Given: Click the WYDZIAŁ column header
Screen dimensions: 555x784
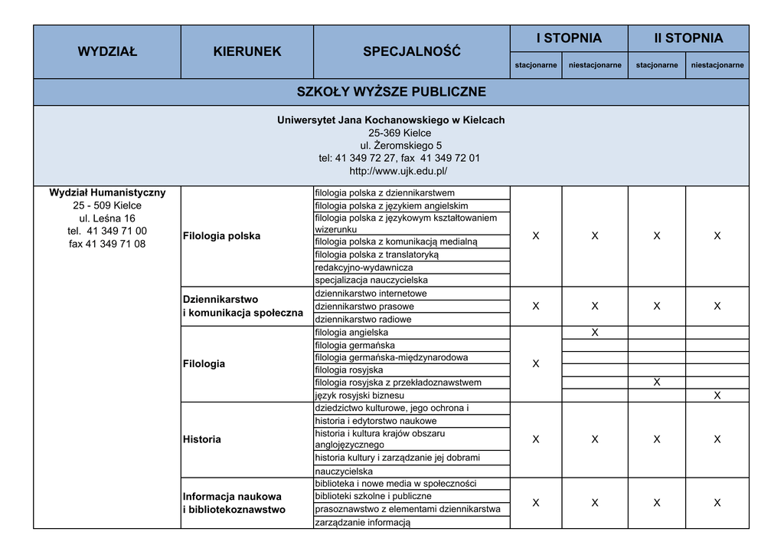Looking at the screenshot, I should point(107,52).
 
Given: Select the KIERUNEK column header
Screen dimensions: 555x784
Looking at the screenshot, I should point(247,52).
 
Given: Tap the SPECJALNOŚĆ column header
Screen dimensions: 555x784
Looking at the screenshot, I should point(412,52).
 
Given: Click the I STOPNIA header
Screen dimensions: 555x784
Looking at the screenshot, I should point(569,38).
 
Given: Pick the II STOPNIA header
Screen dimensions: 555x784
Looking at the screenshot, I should point(688,38).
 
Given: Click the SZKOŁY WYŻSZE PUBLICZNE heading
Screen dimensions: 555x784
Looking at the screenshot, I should point(391,92).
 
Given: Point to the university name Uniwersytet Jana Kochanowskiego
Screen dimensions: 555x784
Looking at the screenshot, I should point(391,120).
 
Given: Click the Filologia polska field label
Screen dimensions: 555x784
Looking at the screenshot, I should point(222,236).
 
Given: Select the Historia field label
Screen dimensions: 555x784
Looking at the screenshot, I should point(202,439).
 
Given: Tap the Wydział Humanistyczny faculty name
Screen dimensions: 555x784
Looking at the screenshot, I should point(107,192).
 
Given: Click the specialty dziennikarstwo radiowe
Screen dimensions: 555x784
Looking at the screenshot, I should point(363,319).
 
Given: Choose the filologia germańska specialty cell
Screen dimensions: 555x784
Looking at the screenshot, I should point(355,345).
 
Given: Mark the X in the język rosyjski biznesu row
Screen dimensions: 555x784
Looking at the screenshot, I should point(717,396).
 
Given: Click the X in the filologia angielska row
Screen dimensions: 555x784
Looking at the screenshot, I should point(595,333).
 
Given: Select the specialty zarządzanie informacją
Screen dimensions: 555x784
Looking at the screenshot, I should point(363,522).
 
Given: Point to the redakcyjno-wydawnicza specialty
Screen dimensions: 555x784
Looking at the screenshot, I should point(364,268).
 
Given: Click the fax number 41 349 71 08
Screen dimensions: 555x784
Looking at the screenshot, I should point(107,244).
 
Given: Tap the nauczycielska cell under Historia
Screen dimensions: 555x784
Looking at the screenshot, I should point(344,471).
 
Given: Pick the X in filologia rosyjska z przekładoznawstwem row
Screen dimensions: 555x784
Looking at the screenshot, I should point(657,383).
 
